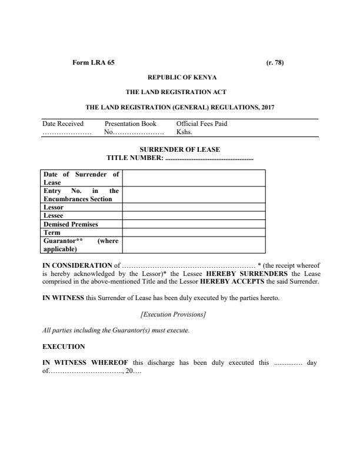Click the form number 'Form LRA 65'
click(x=93, y=63)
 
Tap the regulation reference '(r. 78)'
click(x=275, y=63)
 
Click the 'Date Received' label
click(x=63, y=124)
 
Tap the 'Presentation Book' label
click(x=130, y=124)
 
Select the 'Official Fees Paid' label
click(x=202, y=124)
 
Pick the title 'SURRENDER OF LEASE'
click(x=180, y=149)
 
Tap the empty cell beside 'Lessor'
click(x=194, y=207)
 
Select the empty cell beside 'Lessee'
click(x=194, y=215)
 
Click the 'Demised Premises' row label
click(x=71, y=224)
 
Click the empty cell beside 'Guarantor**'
click(x=194, y=245)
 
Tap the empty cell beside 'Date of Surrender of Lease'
click(x=194, y=178)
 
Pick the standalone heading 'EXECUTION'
click(x=64, y=347)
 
